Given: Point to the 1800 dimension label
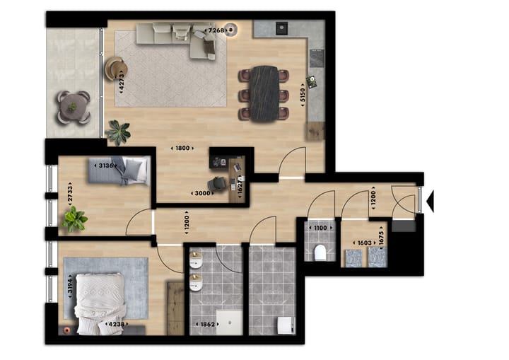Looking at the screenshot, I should (182, 148).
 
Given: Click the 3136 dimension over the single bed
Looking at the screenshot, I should (105, 166).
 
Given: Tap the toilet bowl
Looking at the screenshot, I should (320, 252).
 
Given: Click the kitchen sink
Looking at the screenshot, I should (281, 28).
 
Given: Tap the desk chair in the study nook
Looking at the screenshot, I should (219, 184).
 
